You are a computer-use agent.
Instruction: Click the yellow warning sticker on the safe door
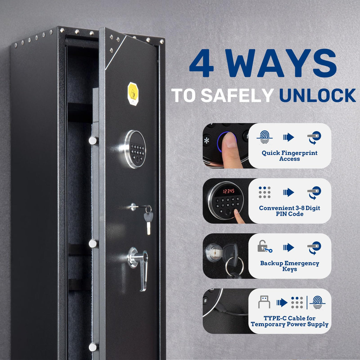[133, 94]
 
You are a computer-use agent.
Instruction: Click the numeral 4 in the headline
[202, 63]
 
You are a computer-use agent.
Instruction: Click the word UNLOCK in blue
[317, 95]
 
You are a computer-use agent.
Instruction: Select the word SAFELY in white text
[237, 95]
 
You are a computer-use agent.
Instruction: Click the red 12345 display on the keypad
[229, 191]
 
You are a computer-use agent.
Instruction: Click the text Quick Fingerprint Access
[289, 156]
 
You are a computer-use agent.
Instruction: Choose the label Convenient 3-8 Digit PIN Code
[289, 211]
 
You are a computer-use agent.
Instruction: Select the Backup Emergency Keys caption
[289, 266]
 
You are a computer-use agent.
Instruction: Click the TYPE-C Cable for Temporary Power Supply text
[289, 321]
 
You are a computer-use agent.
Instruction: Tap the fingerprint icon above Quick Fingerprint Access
[265, 137]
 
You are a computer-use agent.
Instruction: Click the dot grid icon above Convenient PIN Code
[265, 192]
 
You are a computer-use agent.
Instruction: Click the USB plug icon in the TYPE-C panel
[264, 302]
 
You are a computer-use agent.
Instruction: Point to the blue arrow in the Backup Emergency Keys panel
[289, 247]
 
